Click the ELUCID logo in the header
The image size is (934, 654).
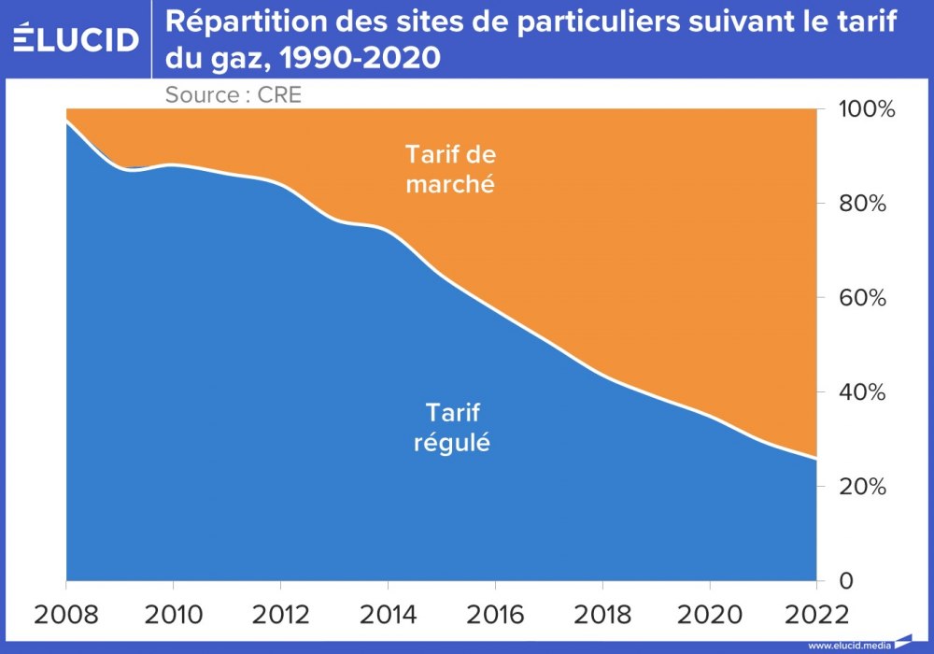point(76,38)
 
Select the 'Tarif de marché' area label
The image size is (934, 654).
point(448,168)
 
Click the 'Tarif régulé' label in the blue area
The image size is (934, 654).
point(452,427)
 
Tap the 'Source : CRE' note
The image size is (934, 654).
point(233,94)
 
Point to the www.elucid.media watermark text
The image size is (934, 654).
point(848,645)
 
